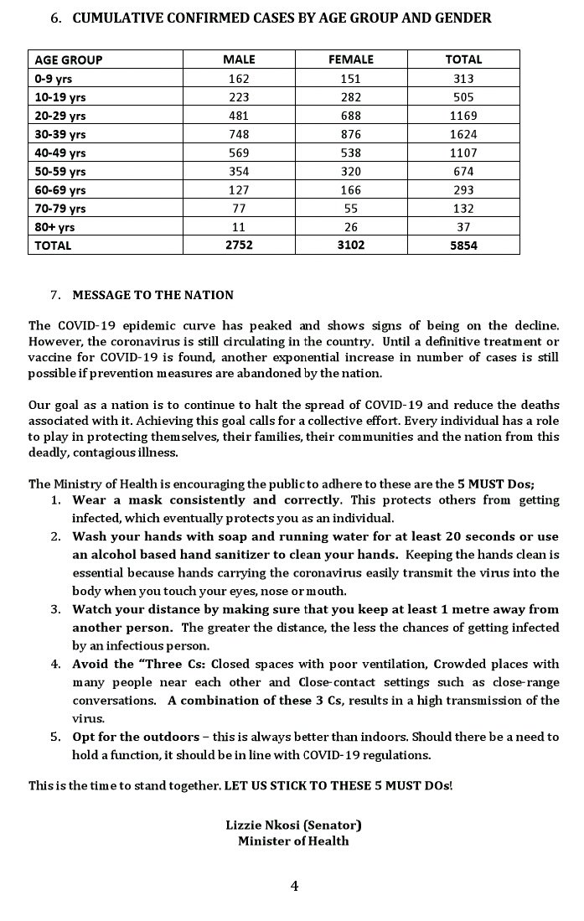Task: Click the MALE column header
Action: (x=239, y=60)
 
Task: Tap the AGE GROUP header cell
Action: (x=69, y=60)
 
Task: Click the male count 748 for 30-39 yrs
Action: (x=239, y=134)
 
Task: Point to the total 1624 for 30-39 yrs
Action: (x=463, y=134)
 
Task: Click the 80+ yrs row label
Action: (x=54, y=227)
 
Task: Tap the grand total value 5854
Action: (x=463, y=246)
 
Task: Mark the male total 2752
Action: (x=239, y=246)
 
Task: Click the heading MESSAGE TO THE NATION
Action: (x=152, y=295)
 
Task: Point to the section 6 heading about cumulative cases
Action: (x=282, y=18)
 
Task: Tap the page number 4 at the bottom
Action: (x=294, y=886)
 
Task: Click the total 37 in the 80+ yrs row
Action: (x=463, y=227)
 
